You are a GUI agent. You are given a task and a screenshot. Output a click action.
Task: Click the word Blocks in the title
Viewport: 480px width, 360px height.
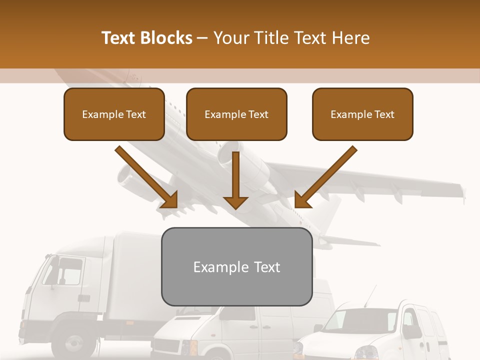[166, 38]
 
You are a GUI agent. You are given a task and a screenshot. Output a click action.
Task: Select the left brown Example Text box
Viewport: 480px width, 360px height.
[114, 114]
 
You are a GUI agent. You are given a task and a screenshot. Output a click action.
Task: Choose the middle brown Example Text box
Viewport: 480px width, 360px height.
[236, 114]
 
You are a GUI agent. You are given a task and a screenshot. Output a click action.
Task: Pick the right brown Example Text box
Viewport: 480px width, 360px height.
[362, 114]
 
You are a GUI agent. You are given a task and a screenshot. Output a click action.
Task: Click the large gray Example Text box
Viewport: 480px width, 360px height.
[236, 267]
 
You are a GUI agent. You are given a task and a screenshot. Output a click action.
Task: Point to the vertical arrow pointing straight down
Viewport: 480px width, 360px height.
[235, 180]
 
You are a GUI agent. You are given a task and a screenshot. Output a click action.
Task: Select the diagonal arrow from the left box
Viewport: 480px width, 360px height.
[147, 177]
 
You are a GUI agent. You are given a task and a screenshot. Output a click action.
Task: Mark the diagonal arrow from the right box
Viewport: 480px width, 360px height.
[325, 177]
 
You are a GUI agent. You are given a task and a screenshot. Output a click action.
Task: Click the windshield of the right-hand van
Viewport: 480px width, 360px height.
[357, 320]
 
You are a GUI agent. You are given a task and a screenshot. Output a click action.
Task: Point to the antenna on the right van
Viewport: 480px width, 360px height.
[369, 296]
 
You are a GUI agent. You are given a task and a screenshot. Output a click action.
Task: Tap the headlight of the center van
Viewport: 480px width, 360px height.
[185, 346]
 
